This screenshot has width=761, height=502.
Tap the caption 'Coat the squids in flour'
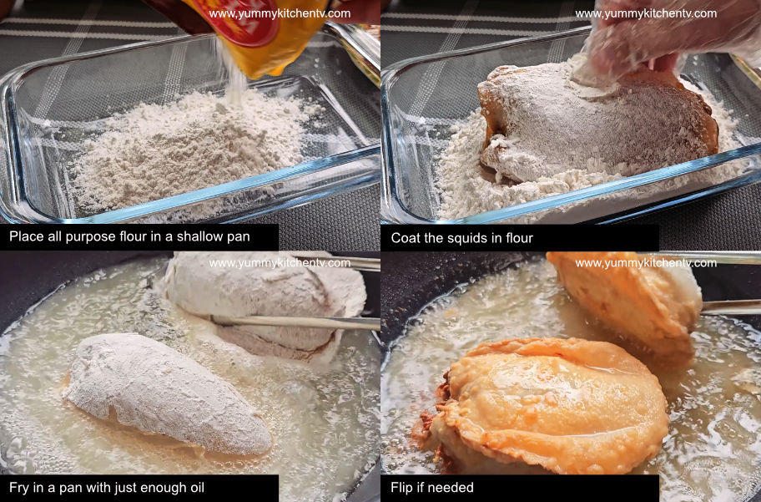click(461, 238)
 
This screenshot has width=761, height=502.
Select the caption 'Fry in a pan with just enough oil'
click(107, 488)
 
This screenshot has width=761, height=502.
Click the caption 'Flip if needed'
click(431, 488)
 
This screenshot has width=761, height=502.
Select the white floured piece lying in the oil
click(167, 393)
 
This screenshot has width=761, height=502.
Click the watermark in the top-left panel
click(280, 13)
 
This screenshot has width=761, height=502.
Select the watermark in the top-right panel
click(646, 13)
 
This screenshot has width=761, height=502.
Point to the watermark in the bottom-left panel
click(280, 263)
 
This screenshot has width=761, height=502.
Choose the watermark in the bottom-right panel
click(646, 263)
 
